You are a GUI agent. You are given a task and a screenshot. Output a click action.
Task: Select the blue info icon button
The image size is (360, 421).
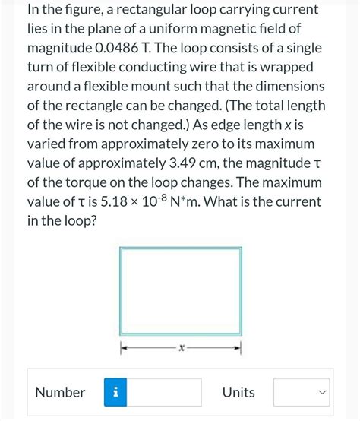116,393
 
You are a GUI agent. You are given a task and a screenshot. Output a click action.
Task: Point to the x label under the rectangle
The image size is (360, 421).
180,349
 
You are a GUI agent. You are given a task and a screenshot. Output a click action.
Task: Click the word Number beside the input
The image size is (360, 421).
60,393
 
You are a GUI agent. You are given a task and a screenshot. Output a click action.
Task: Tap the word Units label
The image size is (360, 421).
238,393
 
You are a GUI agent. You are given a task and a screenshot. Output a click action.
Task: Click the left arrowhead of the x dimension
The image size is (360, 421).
123,349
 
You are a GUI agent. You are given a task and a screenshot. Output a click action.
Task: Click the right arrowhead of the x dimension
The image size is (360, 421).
238,349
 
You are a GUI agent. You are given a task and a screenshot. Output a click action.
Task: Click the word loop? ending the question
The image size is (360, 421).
81,221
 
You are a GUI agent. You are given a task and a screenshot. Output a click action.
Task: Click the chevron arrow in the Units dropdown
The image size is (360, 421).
322,393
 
